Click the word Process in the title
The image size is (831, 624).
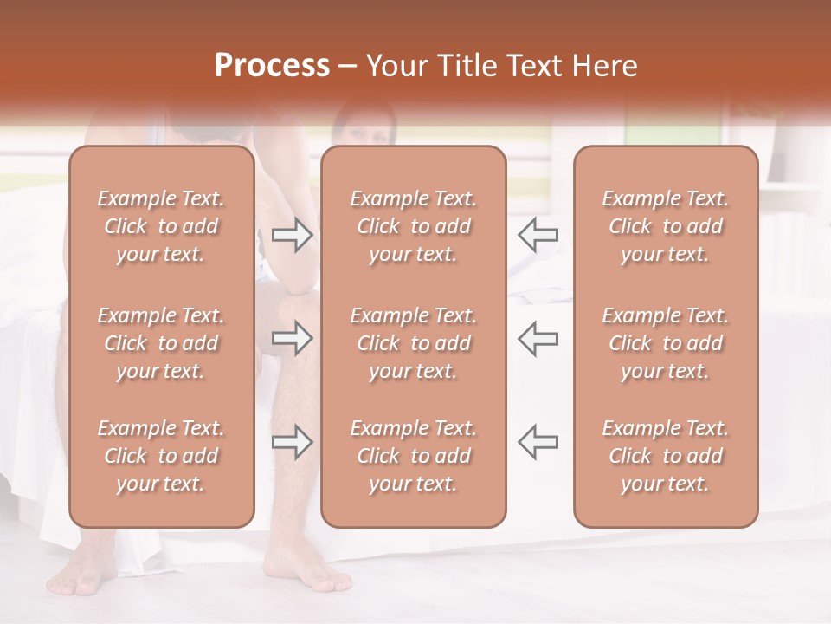(272, 66)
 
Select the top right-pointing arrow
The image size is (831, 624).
(292, 234)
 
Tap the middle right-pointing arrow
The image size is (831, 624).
(292, 338)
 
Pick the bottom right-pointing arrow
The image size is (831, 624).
(292, 442)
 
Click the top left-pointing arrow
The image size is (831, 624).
(538, 234)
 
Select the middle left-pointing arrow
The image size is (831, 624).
(538, 338)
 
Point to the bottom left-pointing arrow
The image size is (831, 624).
(538, 442)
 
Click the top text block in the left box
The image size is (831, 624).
(161, 226)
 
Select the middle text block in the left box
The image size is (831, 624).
(161, 343)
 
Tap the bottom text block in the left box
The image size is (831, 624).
(161, 456)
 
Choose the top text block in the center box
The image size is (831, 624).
(413, 226)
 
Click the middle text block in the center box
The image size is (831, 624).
(413, 343)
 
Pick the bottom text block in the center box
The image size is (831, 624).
(413, 456)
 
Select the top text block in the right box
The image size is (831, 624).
(665, 226)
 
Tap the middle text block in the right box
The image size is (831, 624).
(665, 343)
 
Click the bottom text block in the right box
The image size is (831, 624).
(665, 456)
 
